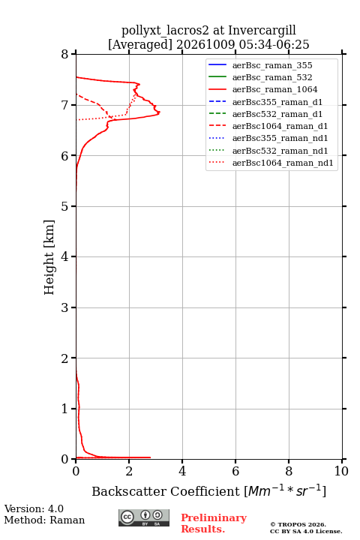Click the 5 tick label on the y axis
(65, 206)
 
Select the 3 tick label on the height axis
(65, 307)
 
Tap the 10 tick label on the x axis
(341, 471)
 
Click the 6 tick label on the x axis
(235, 471)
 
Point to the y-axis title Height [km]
(49, 257)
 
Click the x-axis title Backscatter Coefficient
(165, 491)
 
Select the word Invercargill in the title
(262, 31)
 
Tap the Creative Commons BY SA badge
(144, 517)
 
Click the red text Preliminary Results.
(214, 523)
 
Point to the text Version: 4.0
(34, 508)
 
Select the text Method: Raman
(44, 520)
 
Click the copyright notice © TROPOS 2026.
(298, 524)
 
